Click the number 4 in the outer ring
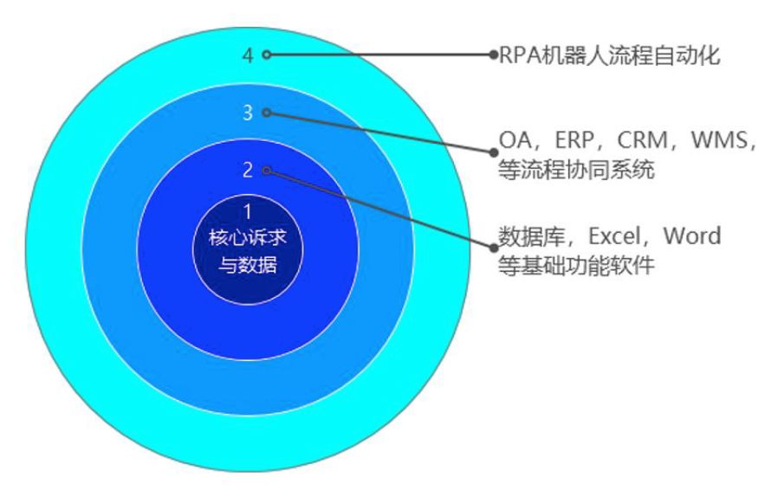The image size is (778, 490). click(248, 55)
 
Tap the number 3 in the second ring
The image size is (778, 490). click(248, 113)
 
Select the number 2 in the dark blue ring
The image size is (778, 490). click(248, 170)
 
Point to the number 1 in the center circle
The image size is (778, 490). click(248, 211)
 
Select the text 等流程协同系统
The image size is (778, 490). click(575, 171)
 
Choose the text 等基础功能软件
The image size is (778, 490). click(575, 266)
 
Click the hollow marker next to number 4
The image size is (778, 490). click(267, 55)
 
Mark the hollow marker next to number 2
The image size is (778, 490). click(267, 170)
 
